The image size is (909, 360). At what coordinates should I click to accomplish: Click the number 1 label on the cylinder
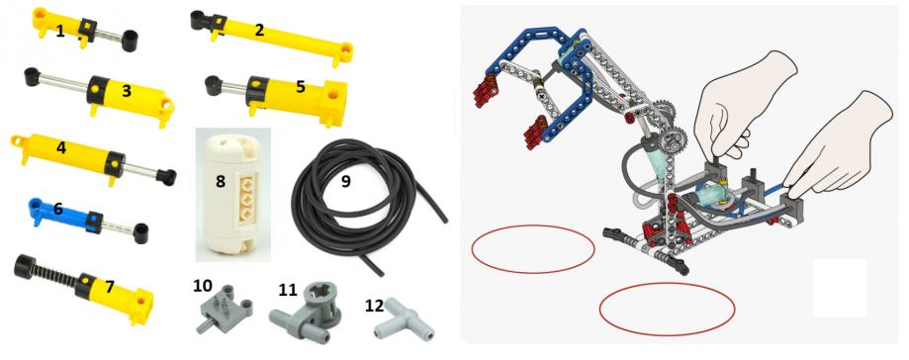point(60,32)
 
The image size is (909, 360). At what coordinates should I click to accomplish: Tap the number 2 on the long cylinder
point(259,30)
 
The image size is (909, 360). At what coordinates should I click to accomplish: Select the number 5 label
point(301,86)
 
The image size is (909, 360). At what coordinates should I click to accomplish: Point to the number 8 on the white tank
point(221,181)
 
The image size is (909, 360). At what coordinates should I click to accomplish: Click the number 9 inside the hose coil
point(346,181)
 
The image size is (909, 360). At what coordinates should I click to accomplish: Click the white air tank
point(231,193)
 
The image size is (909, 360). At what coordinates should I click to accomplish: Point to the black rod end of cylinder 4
point(167,177)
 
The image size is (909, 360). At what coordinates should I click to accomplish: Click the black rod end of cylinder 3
point(32,76)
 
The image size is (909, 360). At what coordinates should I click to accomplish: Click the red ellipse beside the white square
point(667,309)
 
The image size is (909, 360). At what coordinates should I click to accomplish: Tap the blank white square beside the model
point(840,288)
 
